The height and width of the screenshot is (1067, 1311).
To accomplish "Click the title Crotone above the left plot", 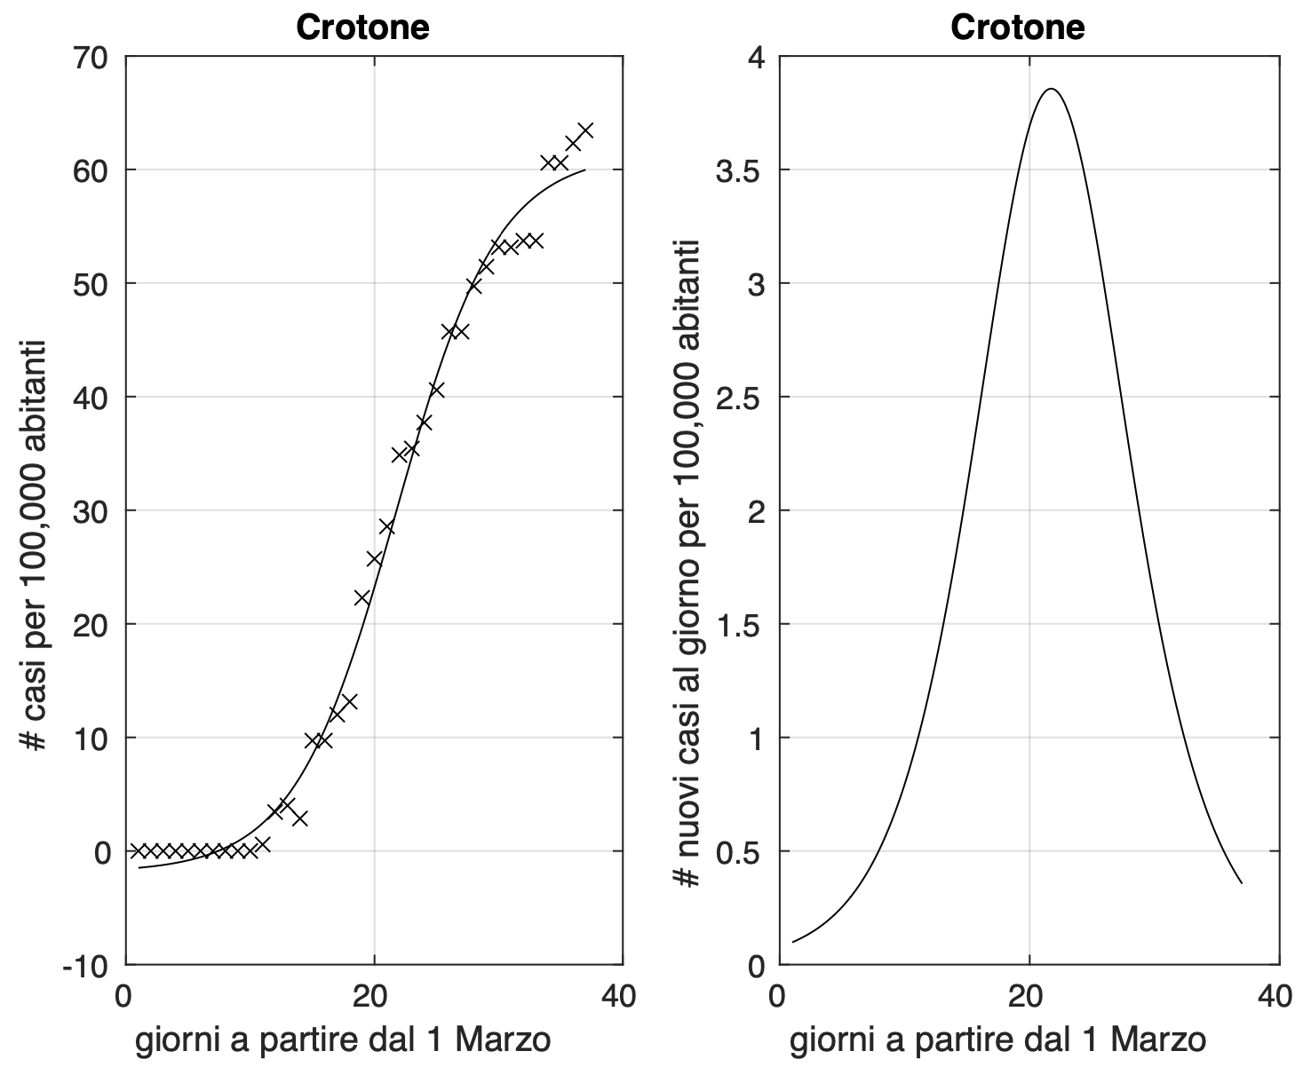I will pyautogui.click(x=362, y=28).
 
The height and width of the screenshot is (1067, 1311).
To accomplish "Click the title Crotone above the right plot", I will pyautogui.click(x=1017, y=28).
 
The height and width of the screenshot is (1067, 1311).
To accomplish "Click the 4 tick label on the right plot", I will pyautogui.click(x=756, y=58).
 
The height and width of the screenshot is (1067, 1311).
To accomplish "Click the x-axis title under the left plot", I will pyautogui.click(x=343, y=1040).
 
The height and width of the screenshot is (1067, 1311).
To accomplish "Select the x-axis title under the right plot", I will pyautogui.click(x=997, y=1040).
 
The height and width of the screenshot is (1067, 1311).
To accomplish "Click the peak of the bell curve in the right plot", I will pyautogui.click(x=1052, y=89).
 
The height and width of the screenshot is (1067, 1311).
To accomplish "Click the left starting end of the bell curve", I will pyautogui.click(x=792, y=942).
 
